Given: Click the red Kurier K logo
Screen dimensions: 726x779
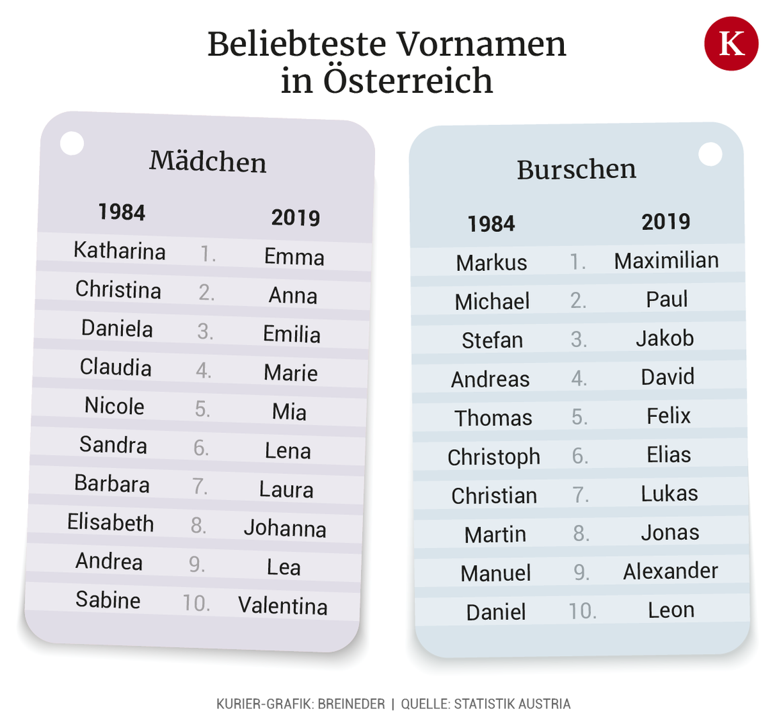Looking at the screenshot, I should click(731, 44).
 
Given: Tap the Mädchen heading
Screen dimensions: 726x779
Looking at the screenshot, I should click(208, 162).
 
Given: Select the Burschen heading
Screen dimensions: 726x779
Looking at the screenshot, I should click(576, 169).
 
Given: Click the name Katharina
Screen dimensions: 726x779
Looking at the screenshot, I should click(120, 251).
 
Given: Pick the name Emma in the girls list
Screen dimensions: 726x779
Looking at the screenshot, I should click(294, 257).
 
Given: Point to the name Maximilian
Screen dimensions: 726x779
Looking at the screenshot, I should click(666, 261).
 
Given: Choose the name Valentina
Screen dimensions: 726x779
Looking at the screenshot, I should click(283, 606).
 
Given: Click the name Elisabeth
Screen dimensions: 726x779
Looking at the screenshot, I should click(111, 522).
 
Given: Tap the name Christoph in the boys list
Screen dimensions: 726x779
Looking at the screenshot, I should click(494, 457).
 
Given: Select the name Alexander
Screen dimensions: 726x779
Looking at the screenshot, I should click(670, 571).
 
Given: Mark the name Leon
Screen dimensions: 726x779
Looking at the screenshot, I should click(671, 610).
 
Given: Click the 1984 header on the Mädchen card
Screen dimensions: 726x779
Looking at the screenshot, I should click(122, 212).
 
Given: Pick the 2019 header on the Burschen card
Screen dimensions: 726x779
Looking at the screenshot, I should click(665, 222).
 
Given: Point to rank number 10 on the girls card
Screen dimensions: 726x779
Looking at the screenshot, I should click(196, 603).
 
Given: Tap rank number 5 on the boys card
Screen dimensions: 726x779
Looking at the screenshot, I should click(579, 417).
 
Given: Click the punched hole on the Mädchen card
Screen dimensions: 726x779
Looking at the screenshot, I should click(72, 143).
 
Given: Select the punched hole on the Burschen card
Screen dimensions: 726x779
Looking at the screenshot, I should click(710, 154).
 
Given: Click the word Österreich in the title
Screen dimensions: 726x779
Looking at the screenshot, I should click(408, 81).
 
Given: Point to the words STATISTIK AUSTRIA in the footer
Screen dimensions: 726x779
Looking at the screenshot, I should click(512, 704).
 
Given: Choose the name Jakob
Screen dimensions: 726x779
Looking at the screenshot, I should click(665, 338).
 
